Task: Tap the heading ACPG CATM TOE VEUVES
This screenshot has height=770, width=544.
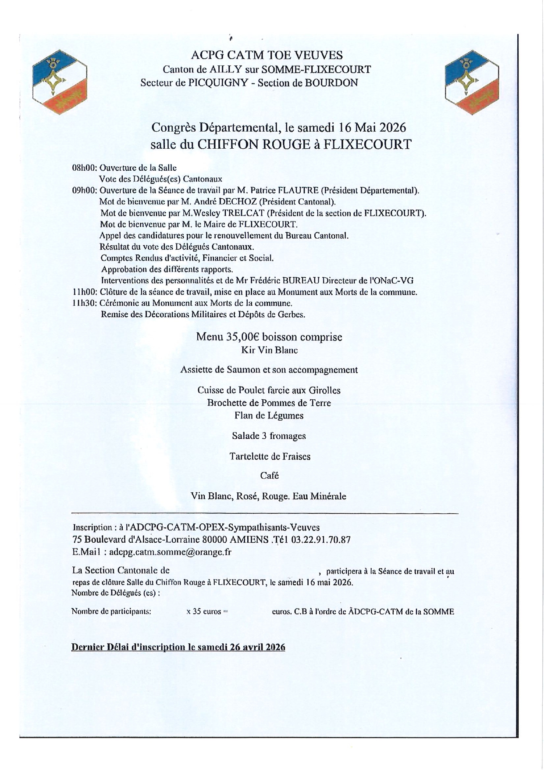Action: click(267, 55)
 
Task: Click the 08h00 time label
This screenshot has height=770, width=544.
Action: click(85, 168)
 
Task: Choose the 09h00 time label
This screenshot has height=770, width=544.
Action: click(85, 191)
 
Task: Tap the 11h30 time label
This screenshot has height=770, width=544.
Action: click(85, 303)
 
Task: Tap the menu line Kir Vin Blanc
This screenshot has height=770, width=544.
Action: click(269, 350)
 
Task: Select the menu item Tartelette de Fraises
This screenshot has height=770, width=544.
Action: click(270, 456)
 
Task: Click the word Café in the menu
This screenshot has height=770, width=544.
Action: click(269, 476)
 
